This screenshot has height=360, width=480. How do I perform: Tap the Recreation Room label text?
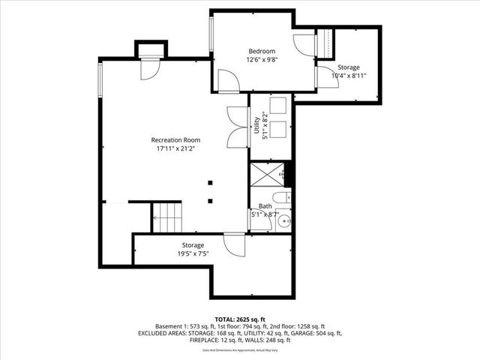click(175, 139)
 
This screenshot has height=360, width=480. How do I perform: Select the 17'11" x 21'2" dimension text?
click(175, 149)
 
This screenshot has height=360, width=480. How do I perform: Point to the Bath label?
click(265, 205)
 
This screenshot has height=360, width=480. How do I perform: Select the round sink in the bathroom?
click(285, 220)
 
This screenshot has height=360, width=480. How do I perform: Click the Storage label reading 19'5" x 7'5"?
click(193, 250)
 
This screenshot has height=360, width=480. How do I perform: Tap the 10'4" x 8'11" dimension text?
click(348, 75)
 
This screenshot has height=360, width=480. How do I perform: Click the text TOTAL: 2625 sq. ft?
click(240, 319)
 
